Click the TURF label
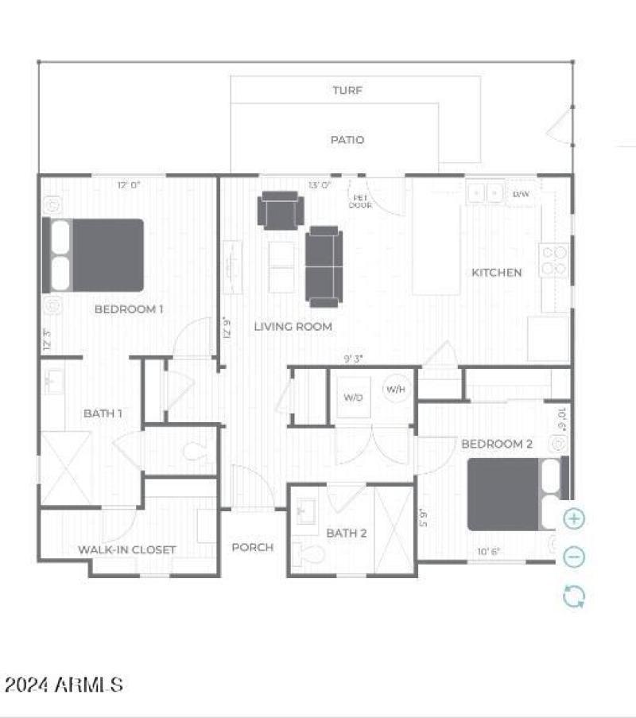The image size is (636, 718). tap(347, 91)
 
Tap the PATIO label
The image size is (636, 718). tap(347, 140)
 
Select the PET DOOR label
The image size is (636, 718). tap(360, 201)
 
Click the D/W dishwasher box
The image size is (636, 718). tap(521, 194)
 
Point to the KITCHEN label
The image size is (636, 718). tap(497, 273)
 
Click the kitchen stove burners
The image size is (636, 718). tap(554, 261)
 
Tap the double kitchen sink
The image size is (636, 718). tap(486, 193)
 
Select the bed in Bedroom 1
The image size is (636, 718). tap(94, 254)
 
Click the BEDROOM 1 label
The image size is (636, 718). tap(129, 309)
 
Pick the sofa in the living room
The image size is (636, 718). tap(324, 266)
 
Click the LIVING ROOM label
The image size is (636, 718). tap(293, 326)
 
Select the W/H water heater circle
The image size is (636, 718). tap(395, 389)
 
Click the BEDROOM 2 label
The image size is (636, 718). tap(497, 444)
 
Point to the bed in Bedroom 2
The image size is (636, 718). tap(515, 495)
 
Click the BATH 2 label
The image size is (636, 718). tap(347, 533)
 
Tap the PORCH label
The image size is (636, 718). tap(253, 547)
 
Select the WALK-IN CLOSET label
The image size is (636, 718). tap(127, 549)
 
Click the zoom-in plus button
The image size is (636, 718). tap(574, 519)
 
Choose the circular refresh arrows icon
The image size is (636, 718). tap(574, 596)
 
